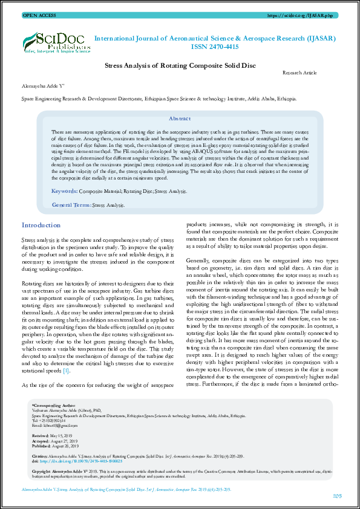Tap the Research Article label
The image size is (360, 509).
pyautogui.click(x=299, y=73)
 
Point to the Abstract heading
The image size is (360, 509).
pyautogui.click(x=180, y=119)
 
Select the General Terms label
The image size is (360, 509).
pyautogui.click(x=71, y=206)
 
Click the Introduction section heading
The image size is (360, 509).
pyautogui.click(x=41, y=225)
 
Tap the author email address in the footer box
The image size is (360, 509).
pyautogui.click(x=53, y=425)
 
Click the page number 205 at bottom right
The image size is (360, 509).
pyautogui.click(x=338, y=496)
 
